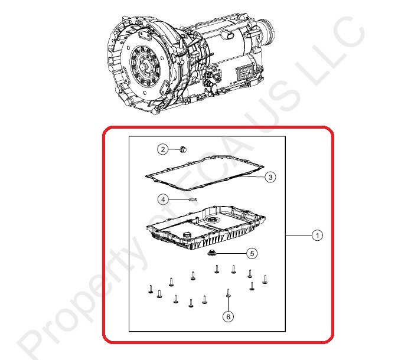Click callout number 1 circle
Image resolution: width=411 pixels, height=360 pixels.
[x=317, y=235]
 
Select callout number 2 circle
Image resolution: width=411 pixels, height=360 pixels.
[x=163, y=149]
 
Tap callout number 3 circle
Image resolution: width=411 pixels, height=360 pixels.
[x=270, y=177]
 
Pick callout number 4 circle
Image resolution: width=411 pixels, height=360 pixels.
[x=163, y=199]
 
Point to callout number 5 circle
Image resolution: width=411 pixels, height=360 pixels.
[x=252, y=254]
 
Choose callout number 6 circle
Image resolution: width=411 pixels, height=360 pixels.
[x=228, y=317]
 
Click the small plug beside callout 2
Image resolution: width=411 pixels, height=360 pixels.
[x=182, y=149]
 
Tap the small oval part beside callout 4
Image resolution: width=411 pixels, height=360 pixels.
[x=193, y=199]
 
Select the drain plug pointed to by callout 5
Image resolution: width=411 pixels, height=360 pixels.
[x=211, y=253]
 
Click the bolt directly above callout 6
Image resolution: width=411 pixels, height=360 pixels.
[x=229, y=293]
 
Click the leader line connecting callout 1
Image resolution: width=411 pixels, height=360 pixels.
[x=299, y=235]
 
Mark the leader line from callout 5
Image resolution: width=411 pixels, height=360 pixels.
[x=231, y=254]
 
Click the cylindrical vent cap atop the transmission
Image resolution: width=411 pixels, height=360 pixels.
[x=227, y=35]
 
